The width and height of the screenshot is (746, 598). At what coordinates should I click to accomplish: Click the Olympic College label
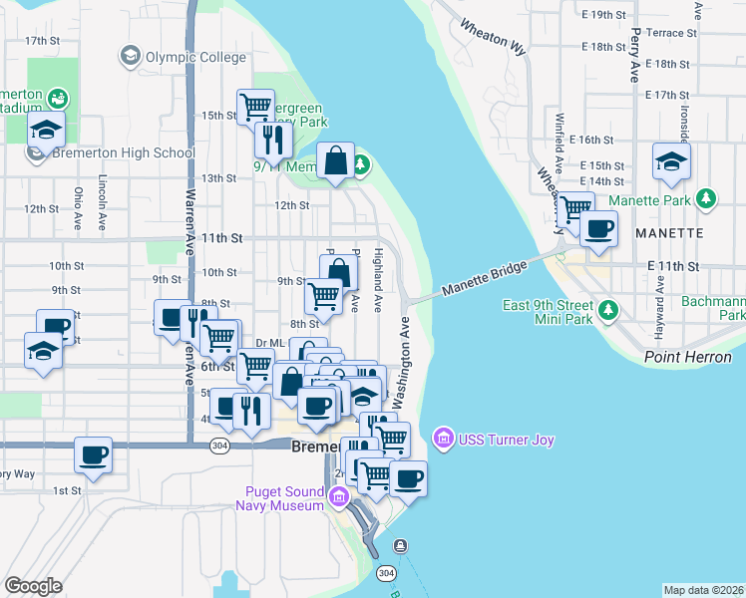[195, 57]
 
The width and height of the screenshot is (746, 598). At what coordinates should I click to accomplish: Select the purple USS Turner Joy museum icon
[443, 438]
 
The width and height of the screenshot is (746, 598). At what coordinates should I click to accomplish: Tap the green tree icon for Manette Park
[706, 199]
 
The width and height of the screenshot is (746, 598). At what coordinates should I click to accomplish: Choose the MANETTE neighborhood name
[668, 232]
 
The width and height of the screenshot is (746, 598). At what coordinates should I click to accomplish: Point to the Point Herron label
[687, 357]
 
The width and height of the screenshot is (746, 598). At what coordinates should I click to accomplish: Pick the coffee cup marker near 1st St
[93, 455]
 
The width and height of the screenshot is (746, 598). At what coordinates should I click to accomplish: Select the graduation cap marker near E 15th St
[671, 160]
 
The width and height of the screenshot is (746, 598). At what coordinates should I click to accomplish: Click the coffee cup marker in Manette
[598, 228]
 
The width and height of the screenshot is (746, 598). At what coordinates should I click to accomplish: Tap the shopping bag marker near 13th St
[336, 160]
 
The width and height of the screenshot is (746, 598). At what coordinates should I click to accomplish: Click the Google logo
[33, 586]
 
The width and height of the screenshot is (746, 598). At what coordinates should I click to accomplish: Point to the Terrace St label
[664, 33]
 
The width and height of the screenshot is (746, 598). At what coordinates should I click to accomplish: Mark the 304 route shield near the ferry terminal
[387, 573]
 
